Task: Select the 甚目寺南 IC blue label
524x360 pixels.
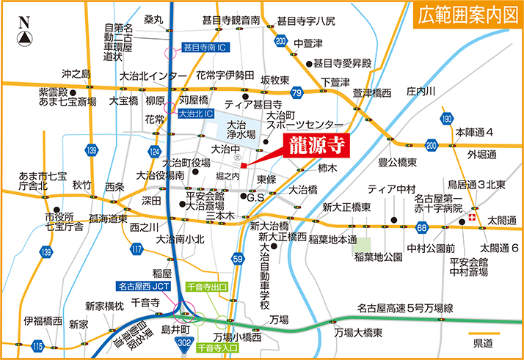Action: coord(207,47)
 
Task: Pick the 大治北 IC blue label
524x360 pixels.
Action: coord(196,114)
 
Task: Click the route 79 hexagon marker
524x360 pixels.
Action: coord(296,92)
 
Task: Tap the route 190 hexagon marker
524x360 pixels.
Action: coord(446,119)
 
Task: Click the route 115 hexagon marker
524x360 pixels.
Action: coord(38,345)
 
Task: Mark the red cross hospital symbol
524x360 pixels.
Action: coord(473,219)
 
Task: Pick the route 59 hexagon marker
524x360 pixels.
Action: coord(237,258)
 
